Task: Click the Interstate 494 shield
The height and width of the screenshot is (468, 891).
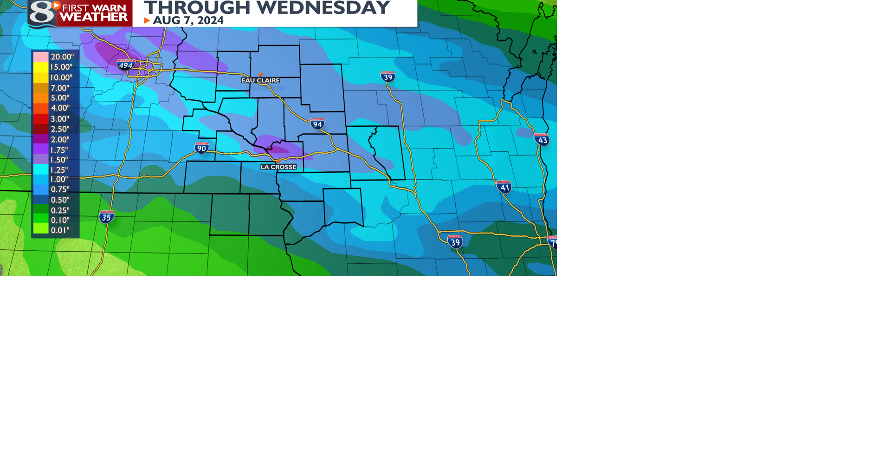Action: coord(126,65)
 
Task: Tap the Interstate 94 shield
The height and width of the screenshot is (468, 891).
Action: coord(317,123)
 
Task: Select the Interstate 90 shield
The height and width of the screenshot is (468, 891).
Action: coord(201,148)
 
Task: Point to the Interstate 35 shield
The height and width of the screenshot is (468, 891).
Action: coord(106,217)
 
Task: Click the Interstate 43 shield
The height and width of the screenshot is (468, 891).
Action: coord(542,139)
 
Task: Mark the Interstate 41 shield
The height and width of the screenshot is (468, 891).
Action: coord(504,187)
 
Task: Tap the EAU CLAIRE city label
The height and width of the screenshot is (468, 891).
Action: coord(260,80)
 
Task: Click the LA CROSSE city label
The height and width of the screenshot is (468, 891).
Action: coord(278,167)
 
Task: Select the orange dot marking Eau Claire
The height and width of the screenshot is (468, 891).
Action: coord(261,74)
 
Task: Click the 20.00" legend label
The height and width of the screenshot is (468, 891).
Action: coord(62,57)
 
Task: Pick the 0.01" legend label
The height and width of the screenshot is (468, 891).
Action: coord(60,230)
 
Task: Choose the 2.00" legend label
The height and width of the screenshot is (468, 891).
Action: coord(60,139)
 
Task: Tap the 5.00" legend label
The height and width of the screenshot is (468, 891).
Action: coord(60,98)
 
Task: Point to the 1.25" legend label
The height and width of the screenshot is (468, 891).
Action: coord(59,170)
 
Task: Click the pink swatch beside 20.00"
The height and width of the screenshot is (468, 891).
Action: coord(41,57)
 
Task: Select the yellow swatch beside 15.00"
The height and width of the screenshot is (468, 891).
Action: coord(41,67)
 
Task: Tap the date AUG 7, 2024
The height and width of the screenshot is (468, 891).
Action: coord(188,20)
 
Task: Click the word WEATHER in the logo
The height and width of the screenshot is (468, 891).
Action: coord(94,17)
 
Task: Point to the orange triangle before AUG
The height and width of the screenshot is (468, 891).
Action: coord(147,20)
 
